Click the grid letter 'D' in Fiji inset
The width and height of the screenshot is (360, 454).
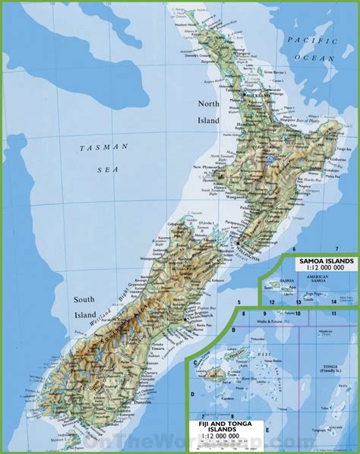point(194,393)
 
